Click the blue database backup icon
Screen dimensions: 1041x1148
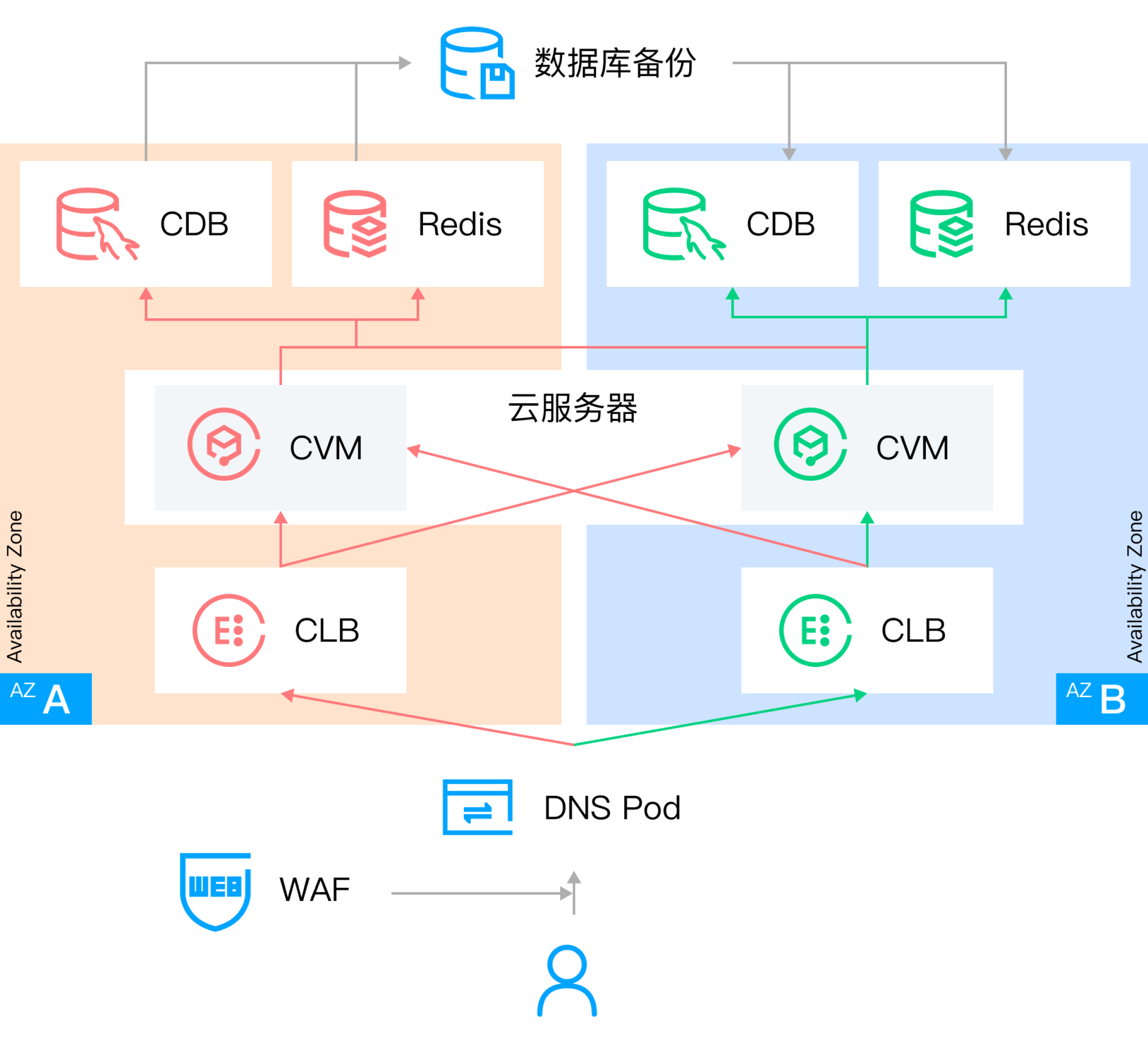click(x=477, y=63)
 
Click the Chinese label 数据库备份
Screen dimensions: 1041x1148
click(x=615, y=63)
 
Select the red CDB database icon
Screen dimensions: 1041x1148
click(x=96, y=224)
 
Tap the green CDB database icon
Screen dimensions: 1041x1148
click(x=682, y=224)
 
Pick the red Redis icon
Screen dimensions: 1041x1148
click(x=355, y=224)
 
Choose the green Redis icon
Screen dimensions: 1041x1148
click(x=941, y=224)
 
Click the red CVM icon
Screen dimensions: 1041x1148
click(x=224, y=444)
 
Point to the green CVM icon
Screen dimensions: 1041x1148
click(x=810, y=444)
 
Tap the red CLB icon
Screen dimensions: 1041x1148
click(x=229, y=630)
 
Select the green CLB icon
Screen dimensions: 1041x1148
click(x=815, y=630)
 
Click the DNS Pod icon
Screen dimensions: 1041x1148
click(x=477, y=807)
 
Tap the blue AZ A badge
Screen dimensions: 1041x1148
click(x=45, y=698)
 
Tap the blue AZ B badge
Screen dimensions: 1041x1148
click(x=1101, y=698)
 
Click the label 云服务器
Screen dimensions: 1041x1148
click(x=573, y=408)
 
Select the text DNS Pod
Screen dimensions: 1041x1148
click(x=612, y=807)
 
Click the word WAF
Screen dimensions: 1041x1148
click(x=314, y=890)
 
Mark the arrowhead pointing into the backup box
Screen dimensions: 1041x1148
click(x=405, y=63)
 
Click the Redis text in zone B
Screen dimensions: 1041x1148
click(x=1046, y=224)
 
